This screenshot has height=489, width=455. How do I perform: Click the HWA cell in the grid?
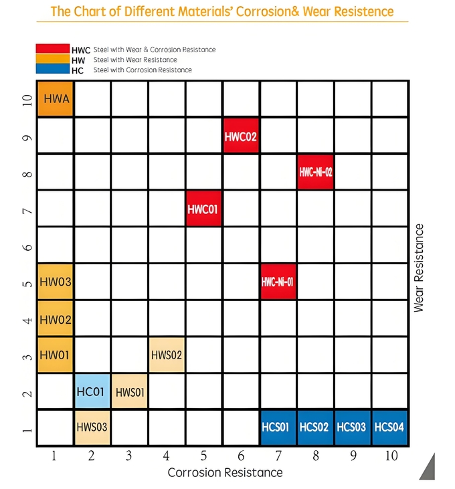[55, 99]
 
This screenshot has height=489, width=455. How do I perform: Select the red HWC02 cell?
[241, 136]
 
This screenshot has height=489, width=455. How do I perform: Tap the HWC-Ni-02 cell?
[315, 172]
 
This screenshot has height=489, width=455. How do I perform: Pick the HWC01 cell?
[203, 209]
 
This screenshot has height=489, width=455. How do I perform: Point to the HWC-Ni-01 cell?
[278, 282]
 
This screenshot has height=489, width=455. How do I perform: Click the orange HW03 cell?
[55, 282]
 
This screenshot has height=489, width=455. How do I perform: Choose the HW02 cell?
[55, 318]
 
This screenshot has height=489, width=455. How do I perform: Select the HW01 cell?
[55, 355]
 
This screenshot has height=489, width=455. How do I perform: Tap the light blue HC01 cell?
[92, 391]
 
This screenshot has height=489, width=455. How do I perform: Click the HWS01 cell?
[129, 391]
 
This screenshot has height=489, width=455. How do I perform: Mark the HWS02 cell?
[167, 355]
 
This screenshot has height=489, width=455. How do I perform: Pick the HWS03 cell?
[92, 427]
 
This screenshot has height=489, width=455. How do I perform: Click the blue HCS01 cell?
[278, 427]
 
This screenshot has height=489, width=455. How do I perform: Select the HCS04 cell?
[389, 427]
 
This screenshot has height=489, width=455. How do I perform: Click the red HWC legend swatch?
[52, 50]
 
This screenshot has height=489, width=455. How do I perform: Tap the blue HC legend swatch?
[52, 70]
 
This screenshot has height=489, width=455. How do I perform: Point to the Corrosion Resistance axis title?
[225, 473]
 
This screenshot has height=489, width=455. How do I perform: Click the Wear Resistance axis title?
[420, 268]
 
